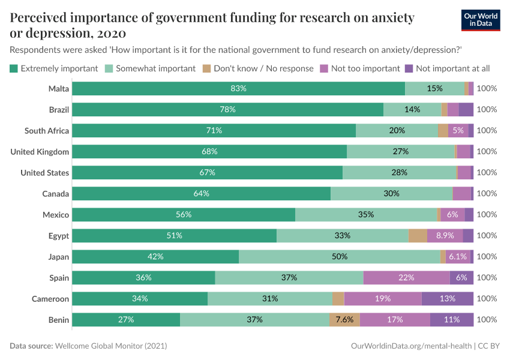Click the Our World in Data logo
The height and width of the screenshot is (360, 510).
481,20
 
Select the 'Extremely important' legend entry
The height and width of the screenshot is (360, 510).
54,68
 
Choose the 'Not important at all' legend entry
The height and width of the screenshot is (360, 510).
447,68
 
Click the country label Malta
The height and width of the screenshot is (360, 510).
59,89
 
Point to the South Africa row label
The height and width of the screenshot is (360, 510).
47,131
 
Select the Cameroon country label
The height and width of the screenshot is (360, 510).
50,299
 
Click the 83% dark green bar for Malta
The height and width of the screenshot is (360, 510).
238,89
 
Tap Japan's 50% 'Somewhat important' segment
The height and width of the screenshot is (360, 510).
339,257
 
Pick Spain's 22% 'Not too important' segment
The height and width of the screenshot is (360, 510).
406,278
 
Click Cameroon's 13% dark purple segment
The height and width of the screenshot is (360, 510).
448,299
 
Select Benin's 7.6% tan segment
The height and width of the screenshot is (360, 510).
344,320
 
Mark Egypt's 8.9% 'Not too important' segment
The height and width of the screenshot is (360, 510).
445,236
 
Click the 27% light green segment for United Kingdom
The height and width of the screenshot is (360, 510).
400,152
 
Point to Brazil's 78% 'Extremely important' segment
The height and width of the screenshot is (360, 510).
227,110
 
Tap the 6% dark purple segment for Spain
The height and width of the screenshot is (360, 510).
461,278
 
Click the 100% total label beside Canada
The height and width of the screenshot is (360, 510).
487,194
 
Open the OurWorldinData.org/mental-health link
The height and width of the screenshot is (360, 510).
411,346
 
